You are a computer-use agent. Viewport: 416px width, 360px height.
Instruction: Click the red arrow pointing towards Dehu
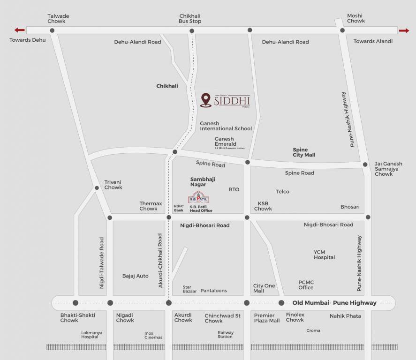[20, 30]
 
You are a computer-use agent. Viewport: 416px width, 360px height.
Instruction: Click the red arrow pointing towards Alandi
[404, 31]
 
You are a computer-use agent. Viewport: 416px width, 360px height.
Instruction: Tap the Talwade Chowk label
[58, 19]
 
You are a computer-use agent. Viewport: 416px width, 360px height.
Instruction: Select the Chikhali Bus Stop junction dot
[192, 31]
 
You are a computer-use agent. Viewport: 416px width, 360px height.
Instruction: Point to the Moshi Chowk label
[356, 18]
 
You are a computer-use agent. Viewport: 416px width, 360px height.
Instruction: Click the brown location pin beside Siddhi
[205, 100]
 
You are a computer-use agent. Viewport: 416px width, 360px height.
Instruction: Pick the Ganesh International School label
[226, 126]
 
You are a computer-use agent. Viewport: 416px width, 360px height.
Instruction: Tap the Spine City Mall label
[304, 152]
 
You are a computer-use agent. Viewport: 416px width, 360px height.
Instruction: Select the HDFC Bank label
[179, 208]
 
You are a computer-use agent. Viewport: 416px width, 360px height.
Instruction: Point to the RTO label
[234, 189]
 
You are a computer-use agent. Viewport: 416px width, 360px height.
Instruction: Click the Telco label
[282, 192]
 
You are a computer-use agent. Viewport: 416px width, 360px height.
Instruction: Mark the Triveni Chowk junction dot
[97, 188]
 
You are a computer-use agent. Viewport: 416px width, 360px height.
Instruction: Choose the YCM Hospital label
[324, 255]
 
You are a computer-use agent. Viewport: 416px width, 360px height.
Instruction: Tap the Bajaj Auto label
[135, 276]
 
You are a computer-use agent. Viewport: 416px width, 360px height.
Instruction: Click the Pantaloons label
[213, 291]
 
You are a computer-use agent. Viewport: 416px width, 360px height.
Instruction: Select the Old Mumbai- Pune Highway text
[334, 303]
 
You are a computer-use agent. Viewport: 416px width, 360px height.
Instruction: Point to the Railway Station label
[225, 335]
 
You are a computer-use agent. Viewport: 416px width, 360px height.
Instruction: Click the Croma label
[313, 330]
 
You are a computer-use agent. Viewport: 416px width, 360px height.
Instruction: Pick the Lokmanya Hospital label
[91, 335]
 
